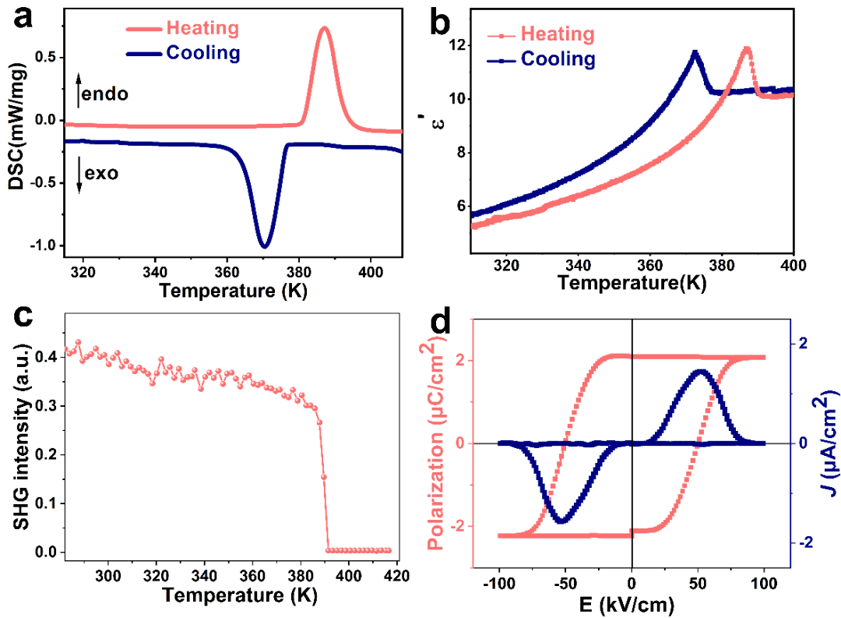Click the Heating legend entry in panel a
click(202, 29)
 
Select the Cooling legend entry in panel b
click(558, 59)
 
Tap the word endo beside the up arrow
click(107, 94)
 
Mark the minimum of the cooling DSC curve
click(265, 246)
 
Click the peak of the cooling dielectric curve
click(695, 52)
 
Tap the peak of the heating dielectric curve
click(748, 49)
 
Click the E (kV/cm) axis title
click(632, 603)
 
